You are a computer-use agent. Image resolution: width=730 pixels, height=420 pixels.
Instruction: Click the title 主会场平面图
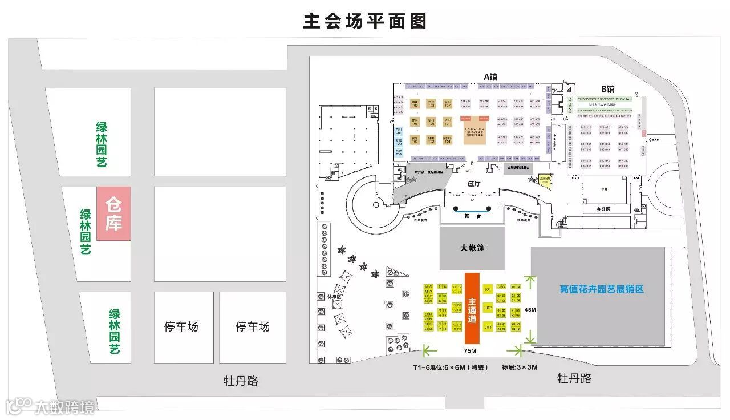[x=365, y=22]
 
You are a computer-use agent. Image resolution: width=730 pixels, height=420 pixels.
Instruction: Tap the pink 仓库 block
[x=113, y=213]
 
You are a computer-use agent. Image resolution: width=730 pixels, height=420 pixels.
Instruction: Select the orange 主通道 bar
[x=472, y=309]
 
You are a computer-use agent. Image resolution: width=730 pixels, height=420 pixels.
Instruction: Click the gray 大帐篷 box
[x=472, y=248]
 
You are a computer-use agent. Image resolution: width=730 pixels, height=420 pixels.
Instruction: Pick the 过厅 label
[x=474, y=184]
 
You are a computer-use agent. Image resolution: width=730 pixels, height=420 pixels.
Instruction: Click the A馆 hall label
[x=490, y=76]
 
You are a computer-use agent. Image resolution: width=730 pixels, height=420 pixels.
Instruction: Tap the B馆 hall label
[x=608, y=89]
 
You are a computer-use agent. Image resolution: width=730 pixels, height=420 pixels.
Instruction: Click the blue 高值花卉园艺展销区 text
[x=602, y=289]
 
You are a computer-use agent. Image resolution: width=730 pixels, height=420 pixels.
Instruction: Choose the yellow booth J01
[x=488, y=290]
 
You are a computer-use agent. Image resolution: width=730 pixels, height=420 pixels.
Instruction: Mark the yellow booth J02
[x=488, y=308]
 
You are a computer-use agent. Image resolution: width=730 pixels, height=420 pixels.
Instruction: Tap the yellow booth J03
[x=488, y=327]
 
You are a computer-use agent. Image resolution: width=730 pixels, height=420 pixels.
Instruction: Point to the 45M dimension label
[x=530, y=310]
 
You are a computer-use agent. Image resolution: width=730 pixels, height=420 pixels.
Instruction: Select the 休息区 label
[x=325, y=297]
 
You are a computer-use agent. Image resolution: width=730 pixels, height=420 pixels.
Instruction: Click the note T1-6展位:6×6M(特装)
[x=451, y=367]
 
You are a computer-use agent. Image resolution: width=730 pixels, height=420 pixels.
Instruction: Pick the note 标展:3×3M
[x=520, y=367]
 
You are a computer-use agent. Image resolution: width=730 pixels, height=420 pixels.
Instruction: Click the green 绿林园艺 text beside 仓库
[x=86, y=232]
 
